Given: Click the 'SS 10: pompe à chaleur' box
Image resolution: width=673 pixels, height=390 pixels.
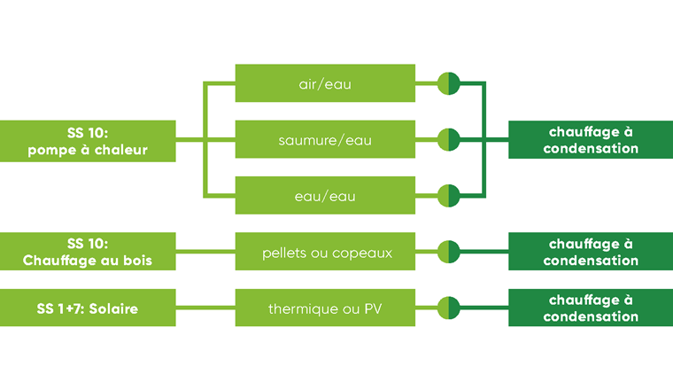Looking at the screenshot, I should pos(87,140).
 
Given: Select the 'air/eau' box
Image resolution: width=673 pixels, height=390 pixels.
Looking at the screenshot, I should pos(325,84).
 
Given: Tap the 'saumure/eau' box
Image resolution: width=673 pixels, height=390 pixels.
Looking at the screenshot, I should pos(325,140).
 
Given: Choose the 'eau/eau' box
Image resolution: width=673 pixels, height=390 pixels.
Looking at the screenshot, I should pos(325,196).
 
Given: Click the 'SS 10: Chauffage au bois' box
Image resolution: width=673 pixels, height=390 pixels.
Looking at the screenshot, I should pos(87,252).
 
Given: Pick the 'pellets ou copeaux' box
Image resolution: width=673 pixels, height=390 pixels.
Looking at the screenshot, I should pos(325,253).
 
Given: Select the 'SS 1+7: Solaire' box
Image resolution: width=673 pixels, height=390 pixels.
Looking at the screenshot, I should pos(87,308).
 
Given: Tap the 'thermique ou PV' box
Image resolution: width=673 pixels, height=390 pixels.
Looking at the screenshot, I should pos(325,308).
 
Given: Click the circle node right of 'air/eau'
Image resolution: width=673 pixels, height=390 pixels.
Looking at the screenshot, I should pos(449,84).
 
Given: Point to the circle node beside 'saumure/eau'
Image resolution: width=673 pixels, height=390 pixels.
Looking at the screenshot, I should pos(449,140).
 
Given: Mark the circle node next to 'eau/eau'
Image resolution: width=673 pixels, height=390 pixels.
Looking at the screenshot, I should pos(449,196).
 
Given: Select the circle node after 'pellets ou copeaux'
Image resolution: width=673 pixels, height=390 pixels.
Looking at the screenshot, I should pos(449,253).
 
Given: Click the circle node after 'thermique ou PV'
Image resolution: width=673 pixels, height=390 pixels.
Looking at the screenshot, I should pos(449,308).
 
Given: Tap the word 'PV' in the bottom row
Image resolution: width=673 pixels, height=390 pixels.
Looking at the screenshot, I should pos(372,308).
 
